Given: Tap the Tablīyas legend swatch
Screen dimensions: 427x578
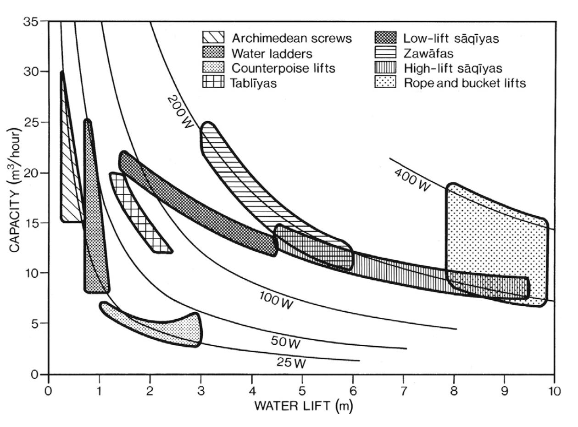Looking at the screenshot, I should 213,83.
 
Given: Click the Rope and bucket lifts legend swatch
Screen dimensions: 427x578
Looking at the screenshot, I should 386,83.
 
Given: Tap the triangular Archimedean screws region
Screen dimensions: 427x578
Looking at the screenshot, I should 69,188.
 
